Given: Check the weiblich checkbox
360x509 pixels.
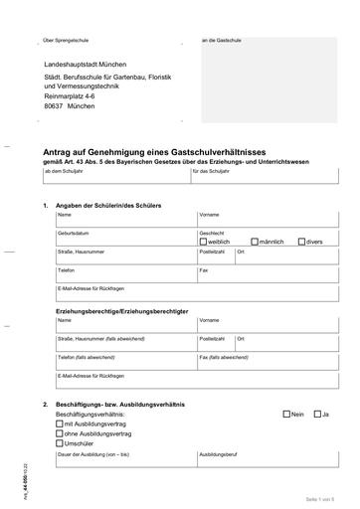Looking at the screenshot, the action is [x=203, y=242].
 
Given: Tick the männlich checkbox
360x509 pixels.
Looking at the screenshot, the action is [x=255, y=242].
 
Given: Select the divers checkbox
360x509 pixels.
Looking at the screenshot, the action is [x=301, y=242].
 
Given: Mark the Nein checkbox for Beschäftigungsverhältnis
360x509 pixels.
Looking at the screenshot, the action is [x=286, y=413].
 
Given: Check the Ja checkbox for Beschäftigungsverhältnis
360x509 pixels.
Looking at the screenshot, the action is [x=317, y=413].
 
